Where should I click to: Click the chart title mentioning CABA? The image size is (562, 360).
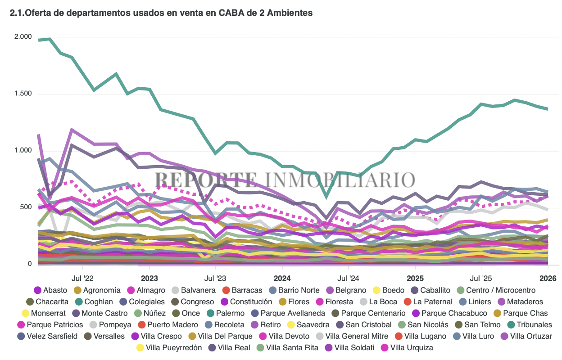(161, 13)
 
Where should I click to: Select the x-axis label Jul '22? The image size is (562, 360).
(82, 279)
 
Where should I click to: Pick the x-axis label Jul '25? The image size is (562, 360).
(481, 279)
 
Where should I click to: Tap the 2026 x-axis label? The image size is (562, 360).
(548, 279)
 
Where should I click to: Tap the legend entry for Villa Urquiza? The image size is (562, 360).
(407, 347)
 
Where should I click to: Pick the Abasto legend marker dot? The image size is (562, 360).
(38, 290)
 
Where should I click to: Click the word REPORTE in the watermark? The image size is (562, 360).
(205, 180)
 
